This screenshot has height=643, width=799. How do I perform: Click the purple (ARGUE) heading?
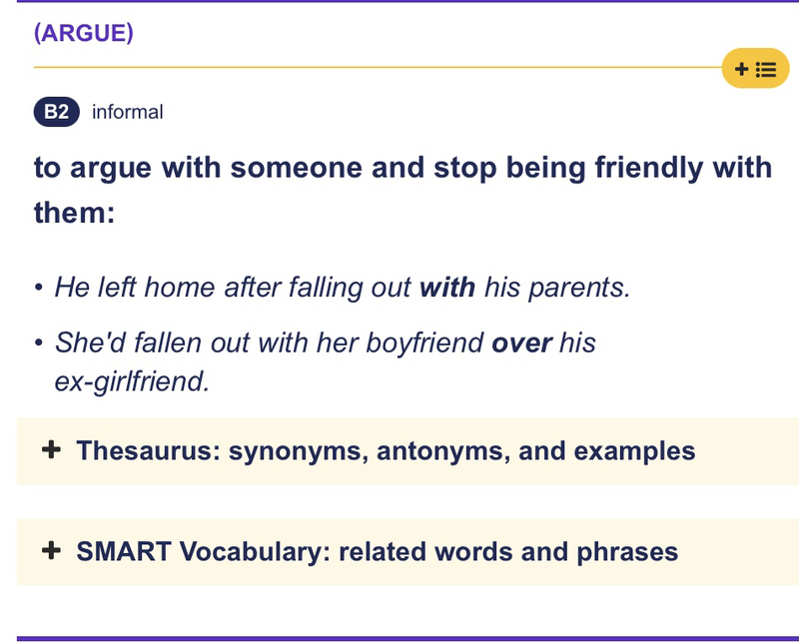pos(83,32)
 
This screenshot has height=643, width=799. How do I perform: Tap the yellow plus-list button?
pos(755,69)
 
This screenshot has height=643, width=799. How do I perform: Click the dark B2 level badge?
pos(56,112)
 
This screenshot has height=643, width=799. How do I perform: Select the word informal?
pos(127,112)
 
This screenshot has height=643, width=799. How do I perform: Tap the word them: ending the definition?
pos(74,213)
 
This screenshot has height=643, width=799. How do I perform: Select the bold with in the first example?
pos(447,288)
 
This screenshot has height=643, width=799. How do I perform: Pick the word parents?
pos(584,288)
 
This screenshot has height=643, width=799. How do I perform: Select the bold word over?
pos(521,342)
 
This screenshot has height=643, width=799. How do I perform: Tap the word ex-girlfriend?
pos(132,381)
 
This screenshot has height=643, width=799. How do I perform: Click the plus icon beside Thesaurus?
pos(52,451)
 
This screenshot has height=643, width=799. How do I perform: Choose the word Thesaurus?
pos(146,451)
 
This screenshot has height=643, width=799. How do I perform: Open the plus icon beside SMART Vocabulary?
pos(52,551)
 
